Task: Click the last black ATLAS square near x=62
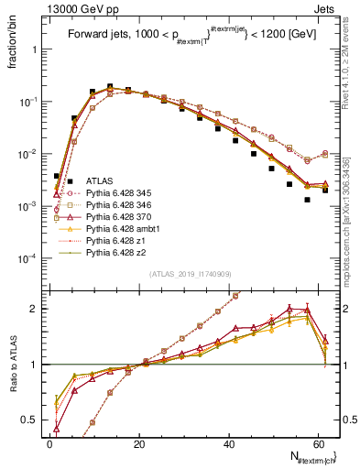[325, 191]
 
